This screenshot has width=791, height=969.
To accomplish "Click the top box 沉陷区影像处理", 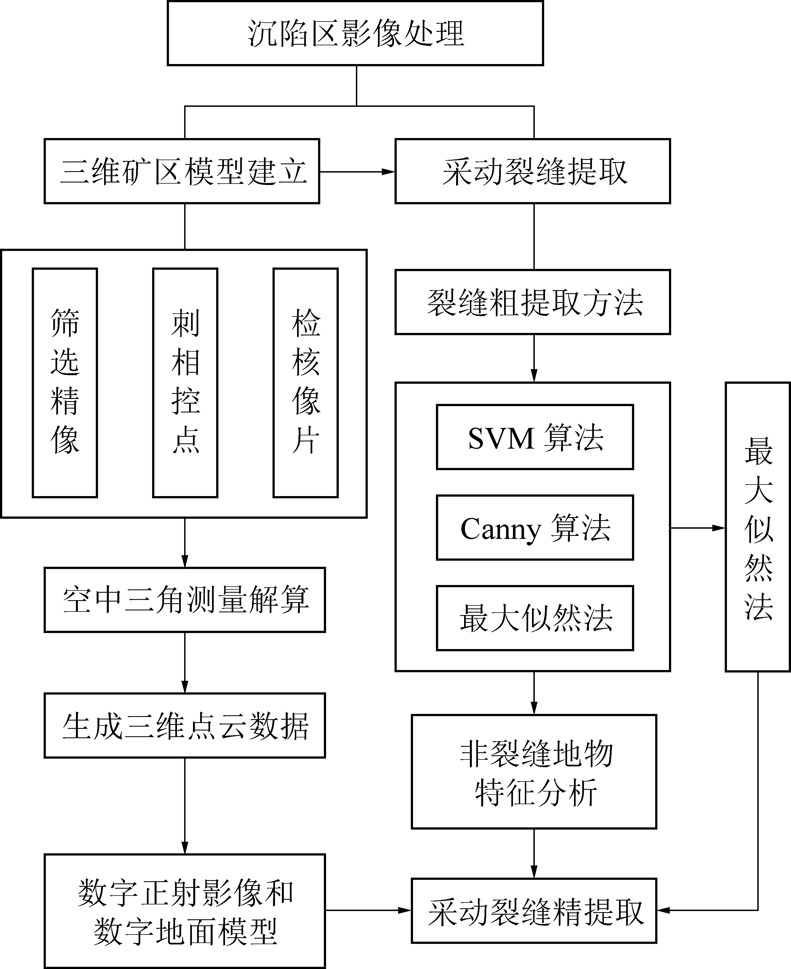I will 355,33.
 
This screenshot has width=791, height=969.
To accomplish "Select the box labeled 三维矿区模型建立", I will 182,171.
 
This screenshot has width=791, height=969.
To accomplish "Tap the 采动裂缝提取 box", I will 533,171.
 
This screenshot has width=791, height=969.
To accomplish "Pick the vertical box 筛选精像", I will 65,383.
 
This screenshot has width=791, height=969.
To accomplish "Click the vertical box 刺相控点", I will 185,383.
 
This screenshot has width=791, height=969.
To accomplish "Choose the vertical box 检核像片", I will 305,383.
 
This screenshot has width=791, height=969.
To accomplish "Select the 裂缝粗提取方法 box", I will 533,302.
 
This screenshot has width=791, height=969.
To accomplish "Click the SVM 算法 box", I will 535,437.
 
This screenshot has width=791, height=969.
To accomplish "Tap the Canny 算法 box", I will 535,528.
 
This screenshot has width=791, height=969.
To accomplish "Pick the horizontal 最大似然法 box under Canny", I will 535,618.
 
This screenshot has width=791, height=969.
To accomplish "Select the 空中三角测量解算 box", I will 184,600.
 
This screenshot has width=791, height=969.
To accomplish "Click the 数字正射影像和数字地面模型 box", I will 184,911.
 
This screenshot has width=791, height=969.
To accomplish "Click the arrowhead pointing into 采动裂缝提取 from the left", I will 388,172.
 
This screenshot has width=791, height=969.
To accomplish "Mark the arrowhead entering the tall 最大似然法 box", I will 719,528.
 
